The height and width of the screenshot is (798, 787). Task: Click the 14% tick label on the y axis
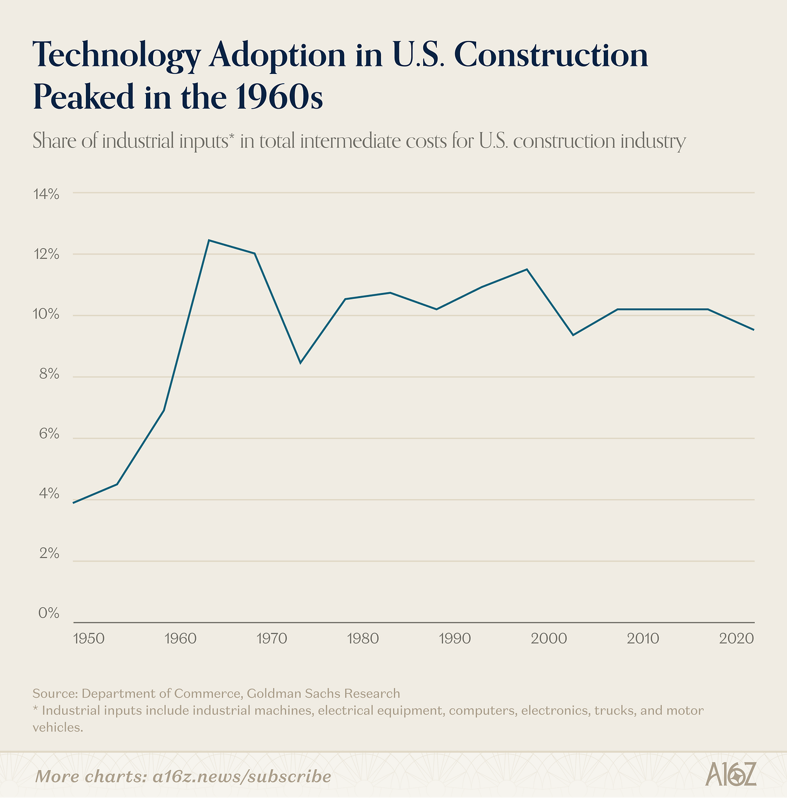click(x=47, y=194)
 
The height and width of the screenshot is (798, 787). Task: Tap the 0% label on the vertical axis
click(x=48, y=613)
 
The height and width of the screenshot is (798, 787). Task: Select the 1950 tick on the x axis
click(x=88, y=639)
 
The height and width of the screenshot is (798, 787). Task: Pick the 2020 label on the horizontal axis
click(x=737, y=639)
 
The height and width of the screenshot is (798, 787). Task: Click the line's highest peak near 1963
click(x=209, y=240)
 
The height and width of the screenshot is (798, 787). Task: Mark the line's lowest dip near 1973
click(x=300, y=363)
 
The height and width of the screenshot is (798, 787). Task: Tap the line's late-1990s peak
click(x=527, y=269)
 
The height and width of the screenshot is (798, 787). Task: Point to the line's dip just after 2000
click(x=572, y=335)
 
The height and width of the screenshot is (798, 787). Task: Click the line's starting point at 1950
click(x=74, y=502)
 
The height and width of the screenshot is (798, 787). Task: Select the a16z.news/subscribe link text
click(x=241, y=776)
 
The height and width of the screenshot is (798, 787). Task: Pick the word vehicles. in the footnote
click(x=58, y=727)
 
